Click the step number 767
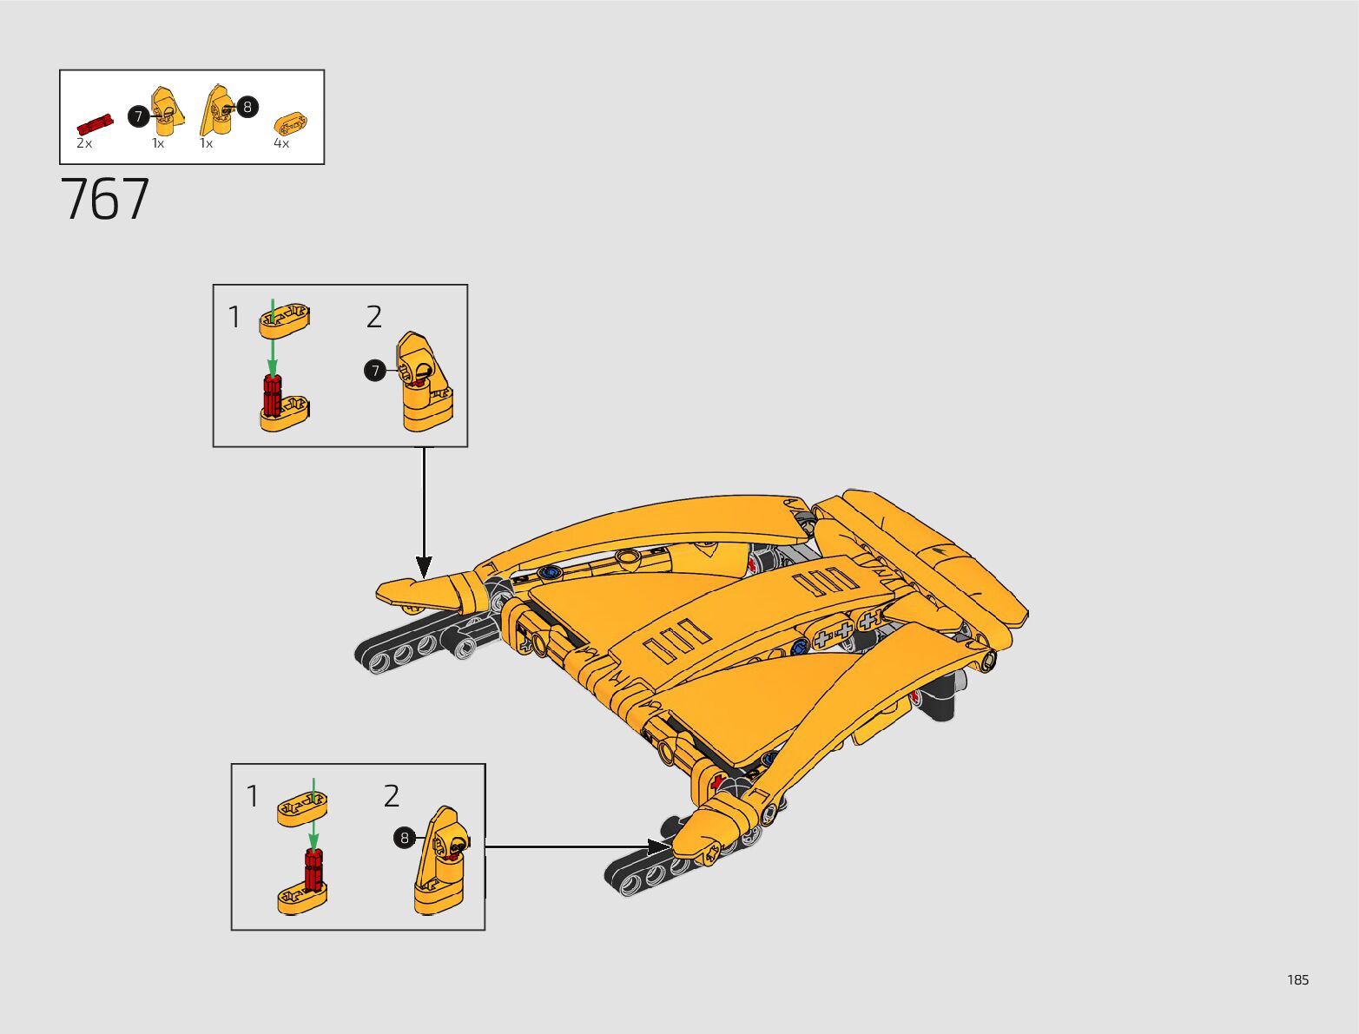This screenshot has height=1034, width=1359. coord(105,200)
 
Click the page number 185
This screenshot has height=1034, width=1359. coord(1297,980)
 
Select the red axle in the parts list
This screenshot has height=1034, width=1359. coord(95,123)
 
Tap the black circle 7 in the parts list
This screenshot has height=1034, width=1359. coord(138,116)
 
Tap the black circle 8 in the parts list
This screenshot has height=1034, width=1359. coord(247,107)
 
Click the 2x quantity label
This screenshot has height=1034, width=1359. coord(84,143)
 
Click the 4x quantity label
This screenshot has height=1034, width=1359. coord(281,143)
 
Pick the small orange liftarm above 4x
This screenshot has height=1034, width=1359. coord(290,122)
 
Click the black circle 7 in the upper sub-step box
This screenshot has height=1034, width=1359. coord(374,372)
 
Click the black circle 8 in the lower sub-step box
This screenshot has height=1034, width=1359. coord(404,838)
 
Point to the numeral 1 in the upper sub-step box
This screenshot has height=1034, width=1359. coord(234,318)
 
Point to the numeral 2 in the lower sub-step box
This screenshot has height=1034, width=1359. coord(392,796)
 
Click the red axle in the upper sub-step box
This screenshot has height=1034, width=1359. coord(273,394)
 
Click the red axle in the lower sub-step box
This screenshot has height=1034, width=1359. coord(314,870)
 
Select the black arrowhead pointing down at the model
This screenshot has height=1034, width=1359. coord(424,569)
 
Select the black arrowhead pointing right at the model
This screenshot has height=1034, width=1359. coord(660,846)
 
